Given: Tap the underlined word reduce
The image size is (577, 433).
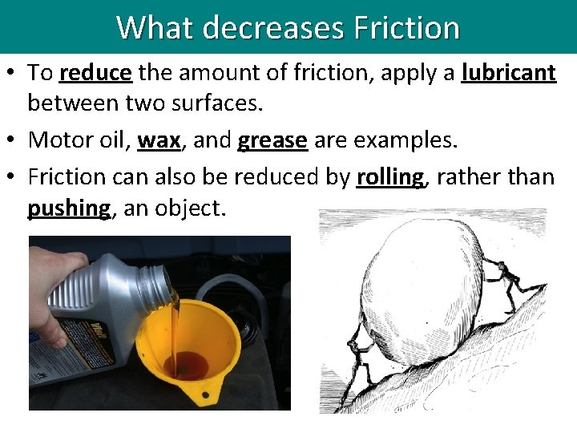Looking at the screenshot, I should click(95, 73).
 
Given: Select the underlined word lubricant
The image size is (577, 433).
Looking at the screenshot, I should click(508, 73).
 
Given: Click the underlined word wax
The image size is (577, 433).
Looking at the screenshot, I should click(159, 140).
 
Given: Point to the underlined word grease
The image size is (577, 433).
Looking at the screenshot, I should click(272, 140).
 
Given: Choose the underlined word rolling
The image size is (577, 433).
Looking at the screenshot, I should click(390, 176).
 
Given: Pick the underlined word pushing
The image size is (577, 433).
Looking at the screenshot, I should click(69, 208).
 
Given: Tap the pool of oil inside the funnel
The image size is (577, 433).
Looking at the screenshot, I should click(187, 365).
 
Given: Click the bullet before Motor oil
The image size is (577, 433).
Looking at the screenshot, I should click(16, 141).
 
